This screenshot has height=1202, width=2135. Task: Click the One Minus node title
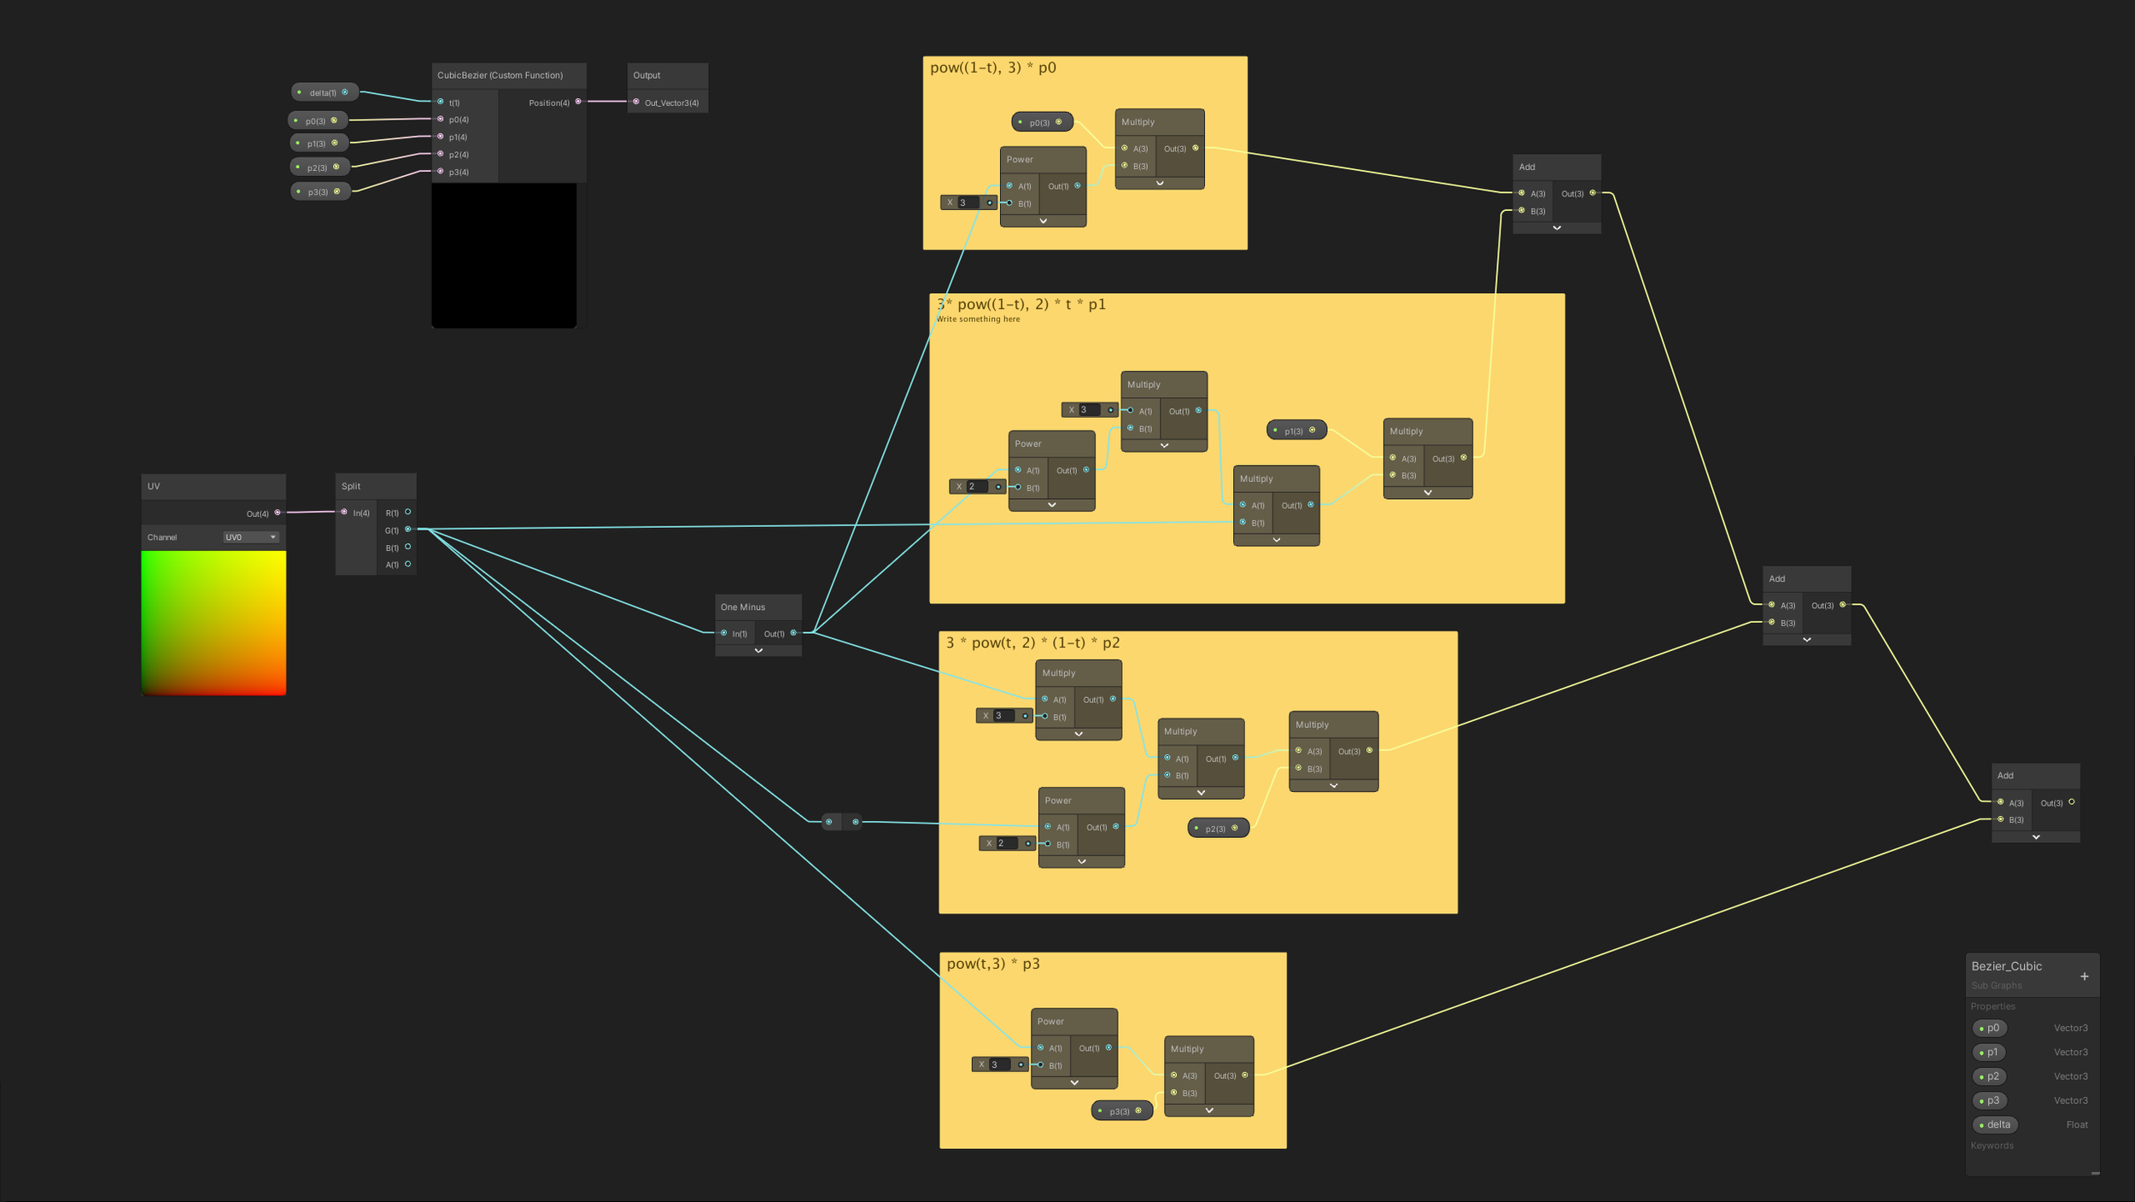743,607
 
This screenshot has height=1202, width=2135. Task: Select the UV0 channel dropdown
250,537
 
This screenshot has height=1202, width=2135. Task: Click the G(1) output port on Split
407,530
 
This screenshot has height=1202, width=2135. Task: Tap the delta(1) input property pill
324,92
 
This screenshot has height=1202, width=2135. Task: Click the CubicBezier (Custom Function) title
500,75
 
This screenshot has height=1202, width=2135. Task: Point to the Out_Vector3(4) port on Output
636,103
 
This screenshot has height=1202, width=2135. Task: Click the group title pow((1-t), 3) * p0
992,67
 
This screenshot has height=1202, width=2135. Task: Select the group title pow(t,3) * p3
992,964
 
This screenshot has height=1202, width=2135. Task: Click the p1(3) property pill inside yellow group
1296,431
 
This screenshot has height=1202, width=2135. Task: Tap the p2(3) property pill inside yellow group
1217,828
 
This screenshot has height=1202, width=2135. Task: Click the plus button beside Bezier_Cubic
2084,976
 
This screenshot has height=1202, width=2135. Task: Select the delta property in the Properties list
1995,1124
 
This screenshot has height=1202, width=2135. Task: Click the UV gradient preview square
213,623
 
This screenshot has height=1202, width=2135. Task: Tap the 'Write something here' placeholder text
978,320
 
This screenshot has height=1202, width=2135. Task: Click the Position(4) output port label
549,103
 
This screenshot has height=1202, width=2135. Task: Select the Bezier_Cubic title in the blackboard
2006,966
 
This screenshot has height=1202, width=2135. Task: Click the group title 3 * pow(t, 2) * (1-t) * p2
1032,642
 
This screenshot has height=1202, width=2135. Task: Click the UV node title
154,486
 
